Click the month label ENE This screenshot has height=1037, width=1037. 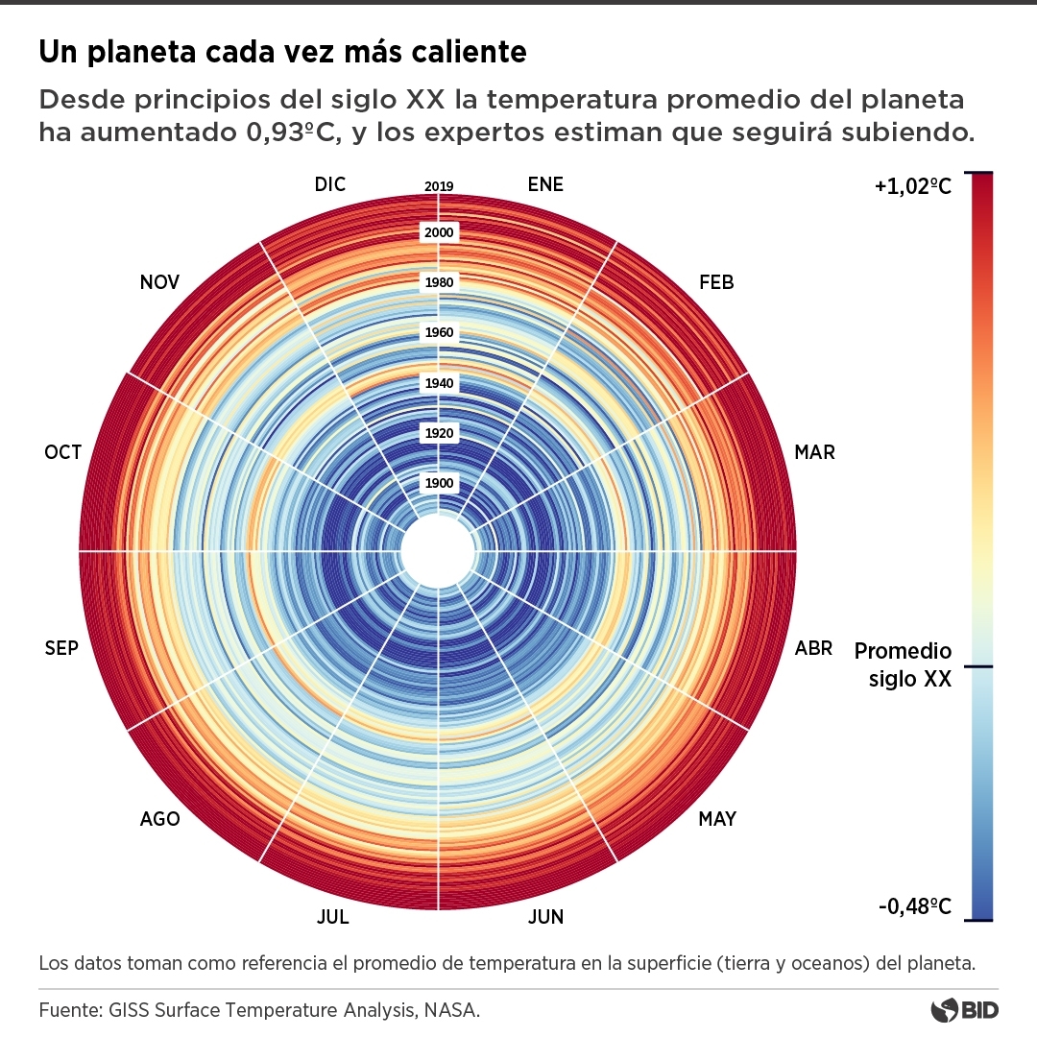pyautogui.click(x=545, y=184)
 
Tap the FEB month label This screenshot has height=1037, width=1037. pyautogui.click(x=716, y=282)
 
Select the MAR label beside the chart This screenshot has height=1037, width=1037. pyautogui.click(x=814, y=452)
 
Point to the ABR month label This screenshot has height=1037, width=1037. pyautogui.click(x=813, y=648)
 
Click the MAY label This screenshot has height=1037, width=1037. pyautogui.click(x=717, y=819)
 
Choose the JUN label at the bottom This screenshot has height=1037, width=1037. pyautogui.click(x=545, y=917)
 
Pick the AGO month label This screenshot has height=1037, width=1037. pyautogui.click(x=159, y=819)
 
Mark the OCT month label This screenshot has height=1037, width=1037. pyautogui.click(x=63, y=452)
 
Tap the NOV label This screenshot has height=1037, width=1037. pyautogui.click(x=159, y=282)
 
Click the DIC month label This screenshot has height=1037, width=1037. pyautogui.click(x=329, y=184)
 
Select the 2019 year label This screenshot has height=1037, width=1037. pyautogui.click(x=439, y=186)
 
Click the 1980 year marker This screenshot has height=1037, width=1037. pyautogui.click(x=439, y=282)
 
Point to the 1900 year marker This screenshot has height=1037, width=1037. pyautogui.click(x=439, y=483)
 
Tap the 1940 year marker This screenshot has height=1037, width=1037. pyautogui.click(x=439, y=383)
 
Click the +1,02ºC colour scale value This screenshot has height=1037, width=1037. pyautogui.click(x=912, y=187)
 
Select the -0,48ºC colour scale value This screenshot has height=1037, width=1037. pyautogui.click(x=913, y=905)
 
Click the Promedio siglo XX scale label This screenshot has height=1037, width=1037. pyautogui.click(x=903, y=665)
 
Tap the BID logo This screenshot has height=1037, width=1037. pyautogui.click(x=965, y=1010)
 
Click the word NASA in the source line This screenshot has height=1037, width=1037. pyautogui.click(x=452, y=1010)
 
